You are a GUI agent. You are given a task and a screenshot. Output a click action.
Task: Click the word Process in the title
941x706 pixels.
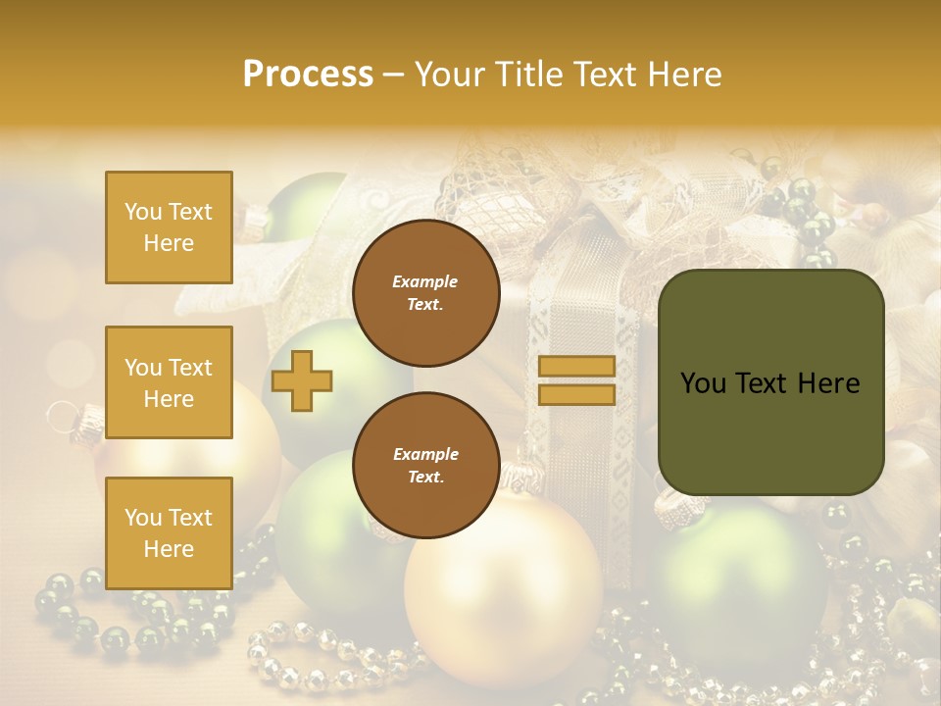pos(308,75)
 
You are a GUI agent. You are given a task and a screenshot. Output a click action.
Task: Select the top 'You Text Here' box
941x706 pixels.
pos(169,227)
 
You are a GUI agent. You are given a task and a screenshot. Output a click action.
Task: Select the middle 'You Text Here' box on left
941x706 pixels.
pos(169,382)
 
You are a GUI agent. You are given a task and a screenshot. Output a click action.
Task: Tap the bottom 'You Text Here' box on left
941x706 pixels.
pos(169,533)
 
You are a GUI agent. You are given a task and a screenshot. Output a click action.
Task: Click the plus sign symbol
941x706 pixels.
pos(302,380)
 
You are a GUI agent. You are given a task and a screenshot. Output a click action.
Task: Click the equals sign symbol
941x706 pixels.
pos(576,380)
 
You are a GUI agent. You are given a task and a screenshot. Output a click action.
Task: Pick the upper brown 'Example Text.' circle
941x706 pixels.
pos(425,292)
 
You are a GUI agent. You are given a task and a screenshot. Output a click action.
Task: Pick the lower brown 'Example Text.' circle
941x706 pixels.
pos(425,465)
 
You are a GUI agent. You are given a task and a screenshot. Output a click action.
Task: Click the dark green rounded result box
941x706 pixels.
pos(770,382)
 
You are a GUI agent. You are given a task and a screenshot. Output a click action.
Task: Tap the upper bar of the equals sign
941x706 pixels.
pos(576,367)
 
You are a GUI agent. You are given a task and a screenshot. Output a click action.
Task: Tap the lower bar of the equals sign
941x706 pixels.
pos(576,394)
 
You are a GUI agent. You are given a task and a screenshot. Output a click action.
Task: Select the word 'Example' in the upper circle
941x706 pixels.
pos(425,281)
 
